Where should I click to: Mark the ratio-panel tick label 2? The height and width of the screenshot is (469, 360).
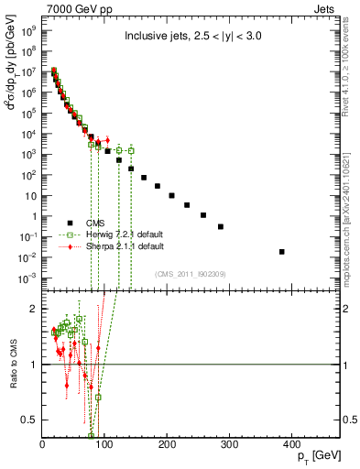pos(34,309)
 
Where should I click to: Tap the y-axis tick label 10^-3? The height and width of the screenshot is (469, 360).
pos(27,277)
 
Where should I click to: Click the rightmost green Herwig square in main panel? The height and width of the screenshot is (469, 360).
pos(131,150)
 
